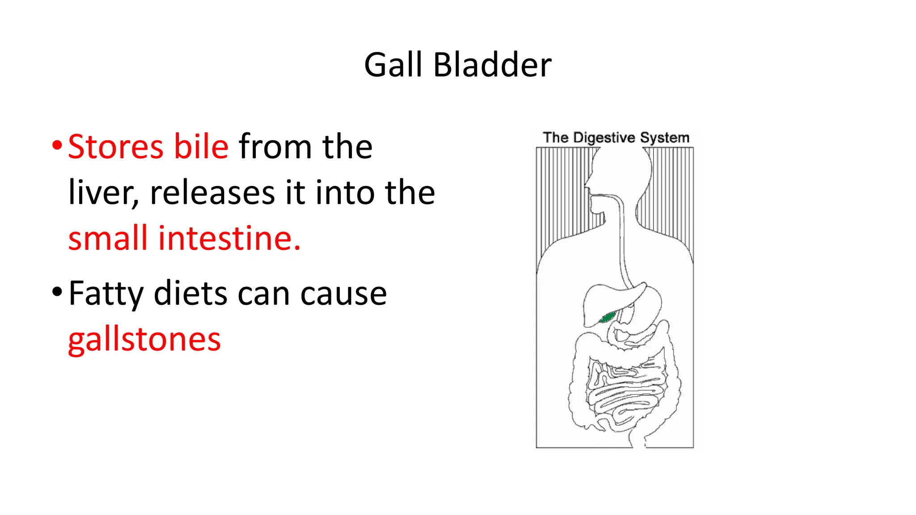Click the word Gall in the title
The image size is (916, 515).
pyautogui.click(x=393, y=65)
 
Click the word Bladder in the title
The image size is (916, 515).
pyautogui.click(x=492, y=65)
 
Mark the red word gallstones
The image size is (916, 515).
pyautogui.click(x=144, y=340)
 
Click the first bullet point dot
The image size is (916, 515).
pyautogui.click(x=57, y=145)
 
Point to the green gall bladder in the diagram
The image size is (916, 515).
pyautogui.click(x=607, y=317)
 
